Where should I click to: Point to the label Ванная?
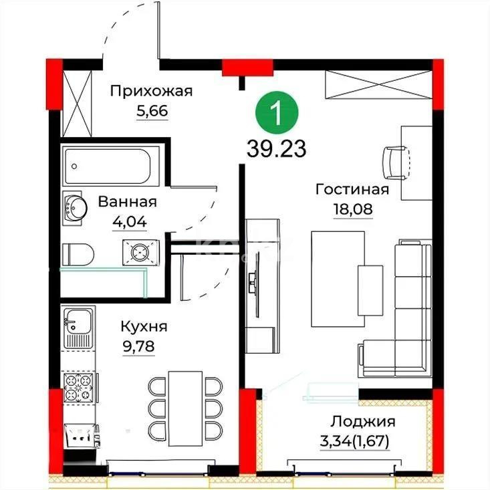click(127, 201)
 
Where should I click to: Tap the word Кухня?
click(144, 327)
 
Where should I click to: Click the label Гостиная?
click(352, 189)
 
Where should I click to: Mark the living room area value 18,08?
click(352, 208)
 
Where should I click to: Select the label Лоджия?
click(363, 422)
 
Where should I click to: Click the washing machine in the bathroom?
click(140, 252)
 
